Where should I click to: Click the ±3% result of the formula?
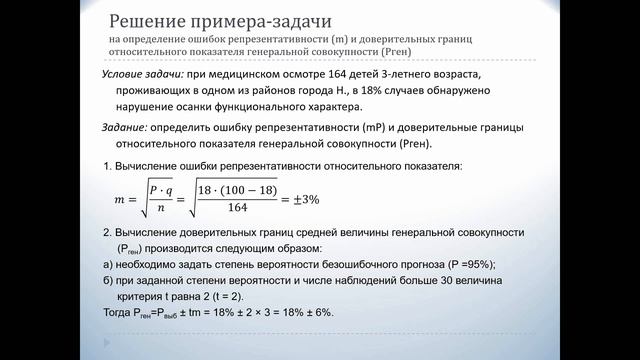(x=304, y=199)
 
